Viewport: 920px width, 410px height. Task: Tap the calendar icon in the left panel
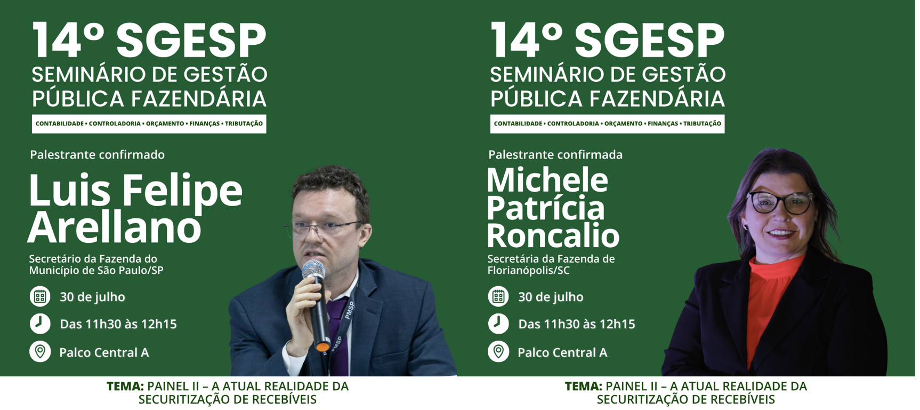click(40, 297)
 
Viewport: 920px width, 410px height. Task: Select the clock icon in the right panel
click(498, 324)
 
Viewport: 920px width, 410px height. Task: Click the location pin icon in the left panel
click(40, 352)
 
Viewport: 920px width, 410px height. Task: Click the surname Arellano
click(115, 227)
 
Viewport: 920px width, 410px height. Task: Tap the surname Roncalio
click(553, 235)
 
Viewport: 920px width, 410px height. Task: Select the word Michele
click(547, 180)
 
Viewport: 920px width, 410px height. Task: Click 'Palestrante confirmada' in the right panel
click(555, 155)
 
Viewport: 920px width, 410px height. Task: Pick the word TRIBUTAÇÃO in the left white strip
click(244, 124)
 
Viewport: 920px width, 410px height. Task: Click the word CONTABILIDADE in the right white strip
click(518, 124)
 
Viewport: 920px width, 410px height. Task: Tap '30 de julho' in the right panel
click(551, 297)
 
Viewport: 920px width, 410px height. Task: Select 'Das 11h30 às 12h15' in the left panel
click(118, 324)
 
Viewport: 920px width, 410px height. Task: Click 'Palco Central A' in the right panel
click(562, 352)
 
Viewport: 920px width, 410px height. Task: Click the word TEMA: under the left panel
click(125, 386)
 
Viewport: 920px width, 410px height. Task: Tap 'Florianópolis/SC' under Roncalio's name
click(529, 271)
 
